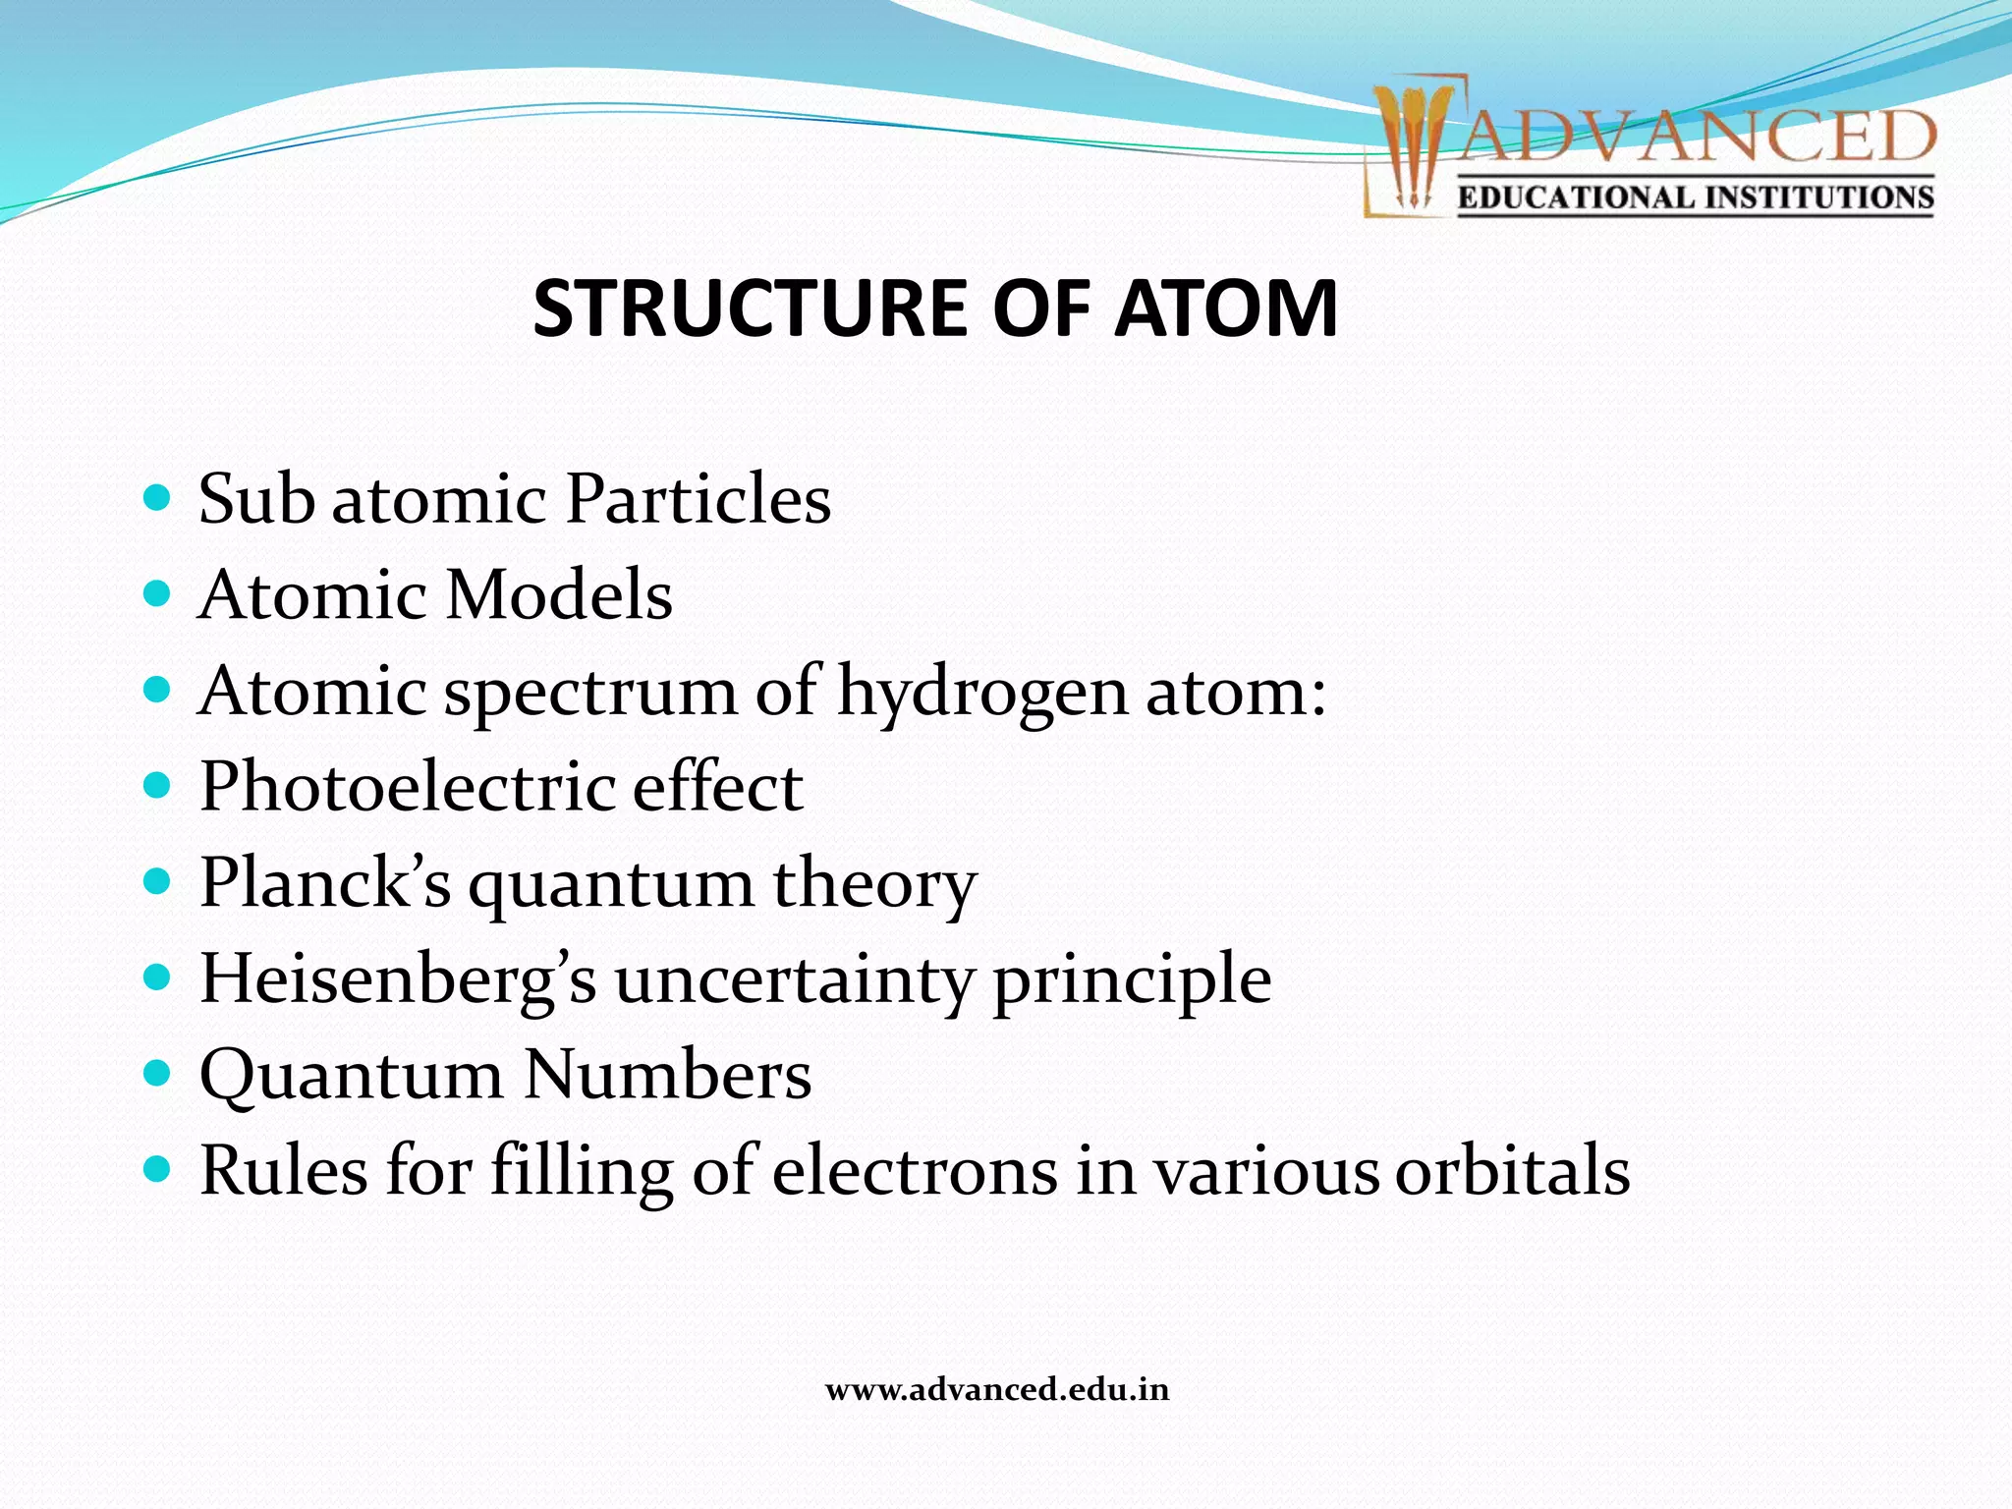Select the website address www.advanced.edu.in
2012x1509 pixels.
click(x=997, y=1390)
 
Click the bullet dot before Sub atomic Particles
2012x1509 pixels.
click(x=157, y=497)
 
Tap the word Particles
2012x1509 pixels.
click(x=699, y=498)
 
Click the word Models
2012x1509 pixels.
click(x=558, y=594)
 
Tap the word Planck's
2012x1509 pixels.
click(x=325, y=881)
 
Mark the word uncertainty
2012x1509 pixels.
click(x=794, y=979)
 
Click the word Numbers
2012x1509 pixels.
click(x=668, y=1074)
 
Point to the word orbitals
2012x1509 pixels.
click(x=1513, y=1170)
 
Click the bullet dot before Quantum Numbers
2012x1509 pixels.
click(x=157, y=1073)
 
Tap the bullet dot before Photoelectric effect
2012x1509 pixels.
click(x=157, y=786)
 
